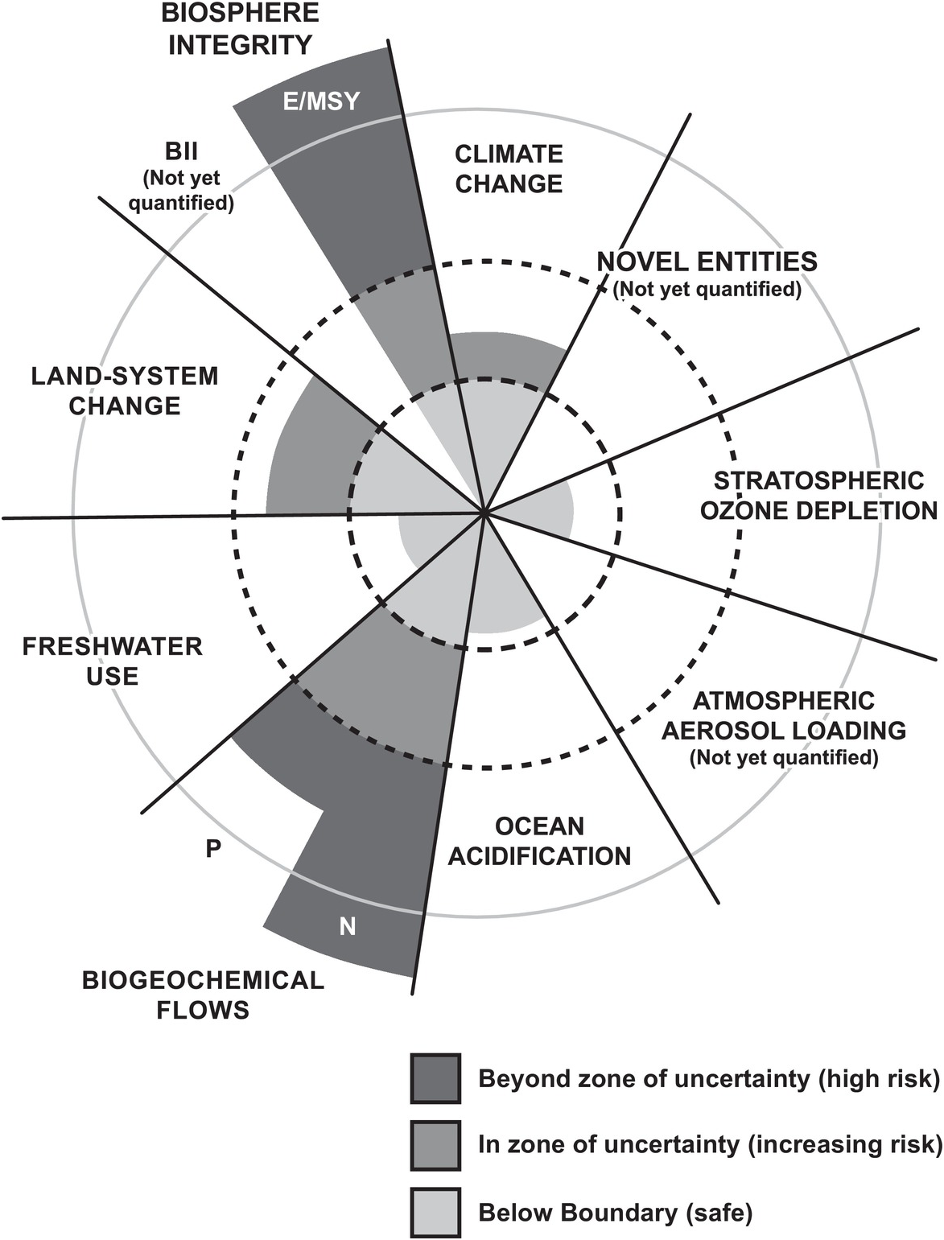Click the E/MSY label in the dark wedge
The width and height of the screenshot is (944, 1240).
(322, 101)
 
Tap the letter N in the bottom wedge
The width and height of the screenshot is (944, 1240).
(348, 927)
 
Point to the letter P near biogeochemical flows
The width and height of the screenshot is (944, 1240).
(213, 848)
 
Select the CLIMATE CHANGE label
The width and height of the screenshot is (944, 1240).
(509, 169)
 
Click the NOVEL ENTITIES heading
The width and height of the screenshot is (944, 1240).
(707, 262)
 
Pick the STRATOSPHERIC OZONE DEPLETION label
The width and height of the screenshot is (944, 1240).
(818, 496)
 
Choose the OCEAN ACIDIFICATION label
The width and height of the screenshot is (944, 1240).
(539, 841)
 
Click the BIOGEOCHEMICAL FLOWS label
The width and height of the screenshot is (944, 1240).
(203, 995)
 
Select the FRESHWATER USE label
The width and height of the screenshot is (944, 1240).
(112, 661)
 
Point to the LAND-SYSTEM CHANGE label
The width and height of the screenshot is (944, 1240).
(125, 390)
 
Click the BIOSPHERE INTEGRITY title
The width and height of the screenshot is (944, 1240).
(240, 28)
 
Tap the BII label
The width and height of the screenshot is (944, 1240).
(183, 150)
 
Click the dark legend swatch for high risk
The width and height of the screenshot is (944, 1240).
(435, 1078)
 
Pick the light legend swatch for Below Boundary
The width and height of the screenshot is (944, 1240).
(435, 1212)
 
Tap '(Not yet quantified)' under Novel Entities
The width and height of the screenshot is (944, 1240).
(707, 290)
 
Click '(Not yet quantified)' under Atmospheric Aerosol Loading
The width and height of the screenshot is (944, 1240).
(783, 757)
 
